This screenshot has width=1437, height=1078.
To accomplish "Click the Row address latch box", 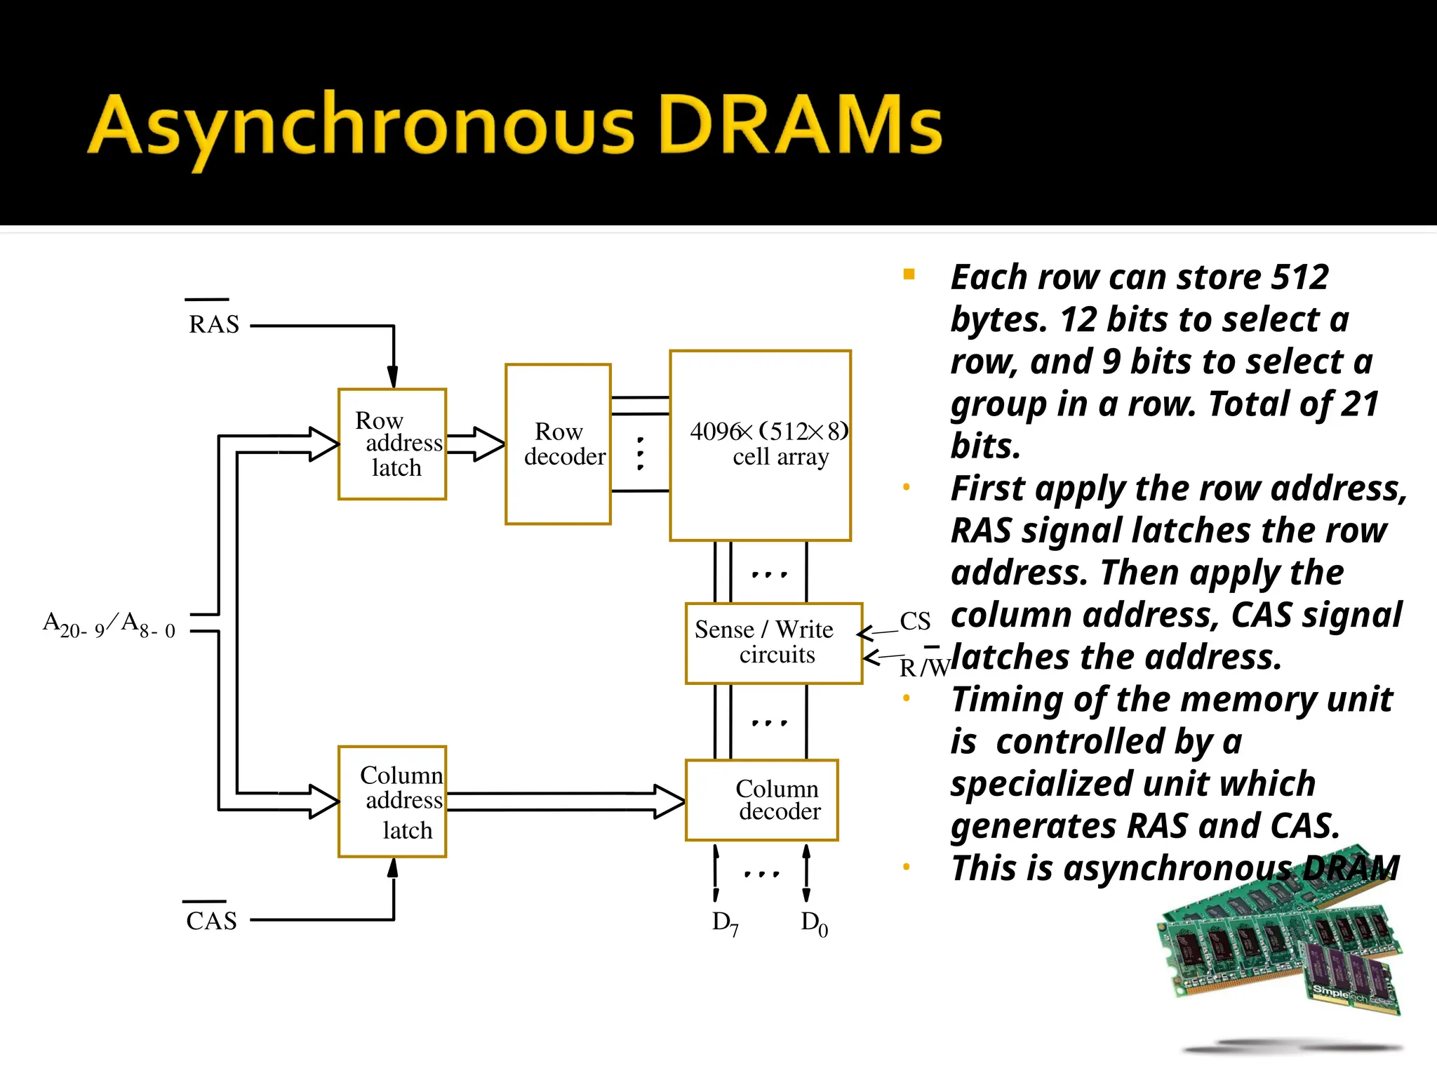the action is click(392, 444).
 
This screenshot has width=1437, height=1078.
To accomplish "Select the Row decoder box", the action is click(559, 444).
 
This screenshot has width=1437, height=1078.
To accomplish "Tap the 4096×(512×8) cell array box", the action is click(761, 446).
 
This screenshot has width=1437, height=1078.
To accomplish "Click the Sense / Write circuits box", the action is click(773, 643).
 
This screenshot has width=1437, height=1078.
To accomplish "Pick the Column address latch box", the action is click(392, 801).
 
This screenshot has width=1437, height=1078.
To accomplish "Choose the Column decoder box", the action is click(762, 800).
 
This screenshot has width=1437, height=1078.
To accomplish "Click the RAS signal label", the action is click(214, 324).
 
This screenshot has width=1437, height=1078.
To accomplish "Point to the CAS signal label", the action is click(211, 921).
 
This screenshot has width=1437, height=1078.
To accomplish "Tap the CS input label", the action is click(915, 621).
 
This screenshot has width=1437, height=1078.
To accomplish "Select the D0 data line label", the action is click(814, 924).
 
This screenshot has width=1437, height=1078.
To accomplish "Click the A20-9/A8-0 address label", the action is click(109, 624).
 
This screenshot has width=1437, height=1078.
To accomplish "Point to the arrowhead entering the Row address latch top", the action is click(393, 377).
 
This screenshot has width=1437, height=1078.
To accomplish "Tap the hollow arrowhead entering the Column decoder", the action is click(669, 801).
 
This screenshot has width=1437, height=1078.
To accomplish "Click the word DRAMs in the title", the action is click(800, 126).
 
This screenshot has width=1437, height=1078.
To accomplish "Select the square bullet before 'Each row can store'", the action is click(909, 274).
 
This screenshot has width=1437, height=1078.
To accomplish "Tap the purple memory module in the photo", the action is click(1351, 976).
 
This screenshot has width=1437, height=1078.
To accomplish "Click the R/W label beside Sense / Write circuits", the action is click(923, 667).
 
